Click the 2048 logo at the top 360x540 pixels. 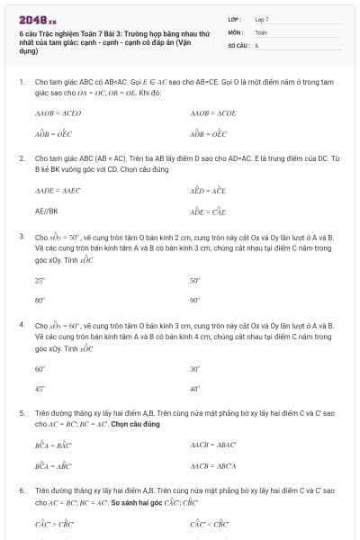[39, 18]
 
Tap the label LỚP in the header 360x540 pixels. [234, 19]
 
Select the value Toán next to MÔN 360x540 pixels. [261, 31]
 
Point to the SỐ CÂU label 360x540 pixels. [238, 44]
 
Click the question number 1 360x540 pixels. [21, 82]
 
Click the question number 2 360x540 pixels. [21, 157]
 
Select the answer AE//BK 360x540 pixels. [47, 211]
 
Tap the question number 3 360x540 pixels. [21, 237]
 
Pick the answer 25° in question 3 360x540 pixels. [40, 281]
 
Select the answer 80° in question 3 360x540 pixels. [40, 300]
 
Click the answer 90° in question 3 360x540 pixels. [195, 300]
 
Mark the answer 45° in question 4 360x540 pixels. [40, 388]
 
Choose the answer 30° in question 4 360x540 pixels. [195, 369]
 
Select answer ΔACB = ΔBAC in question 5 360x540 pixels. [212, 445]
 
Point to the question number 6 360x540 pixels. [21, 490]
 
